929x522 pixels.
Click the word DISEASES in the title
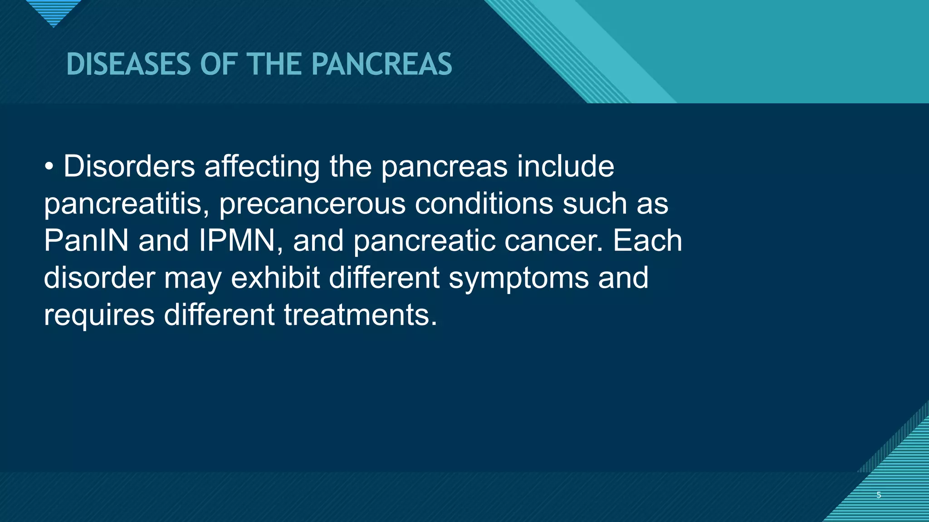pos(128,64)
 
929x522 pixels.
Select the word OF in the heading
pos(219,64)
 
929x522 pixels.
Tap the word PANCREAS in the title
pos(381,64)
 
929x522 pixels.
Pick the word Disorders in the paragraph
pos(129,166)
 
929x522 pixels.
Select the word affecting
pos(262,166)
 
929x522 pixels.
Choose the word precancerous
pos(312,204)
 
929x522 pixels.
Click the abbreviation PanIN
pos(86,241)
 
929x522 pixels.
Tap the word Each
pos(647,241)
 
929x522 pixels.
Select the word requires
pos(99,315)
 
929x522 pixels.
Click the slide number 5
pos(879,495)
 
